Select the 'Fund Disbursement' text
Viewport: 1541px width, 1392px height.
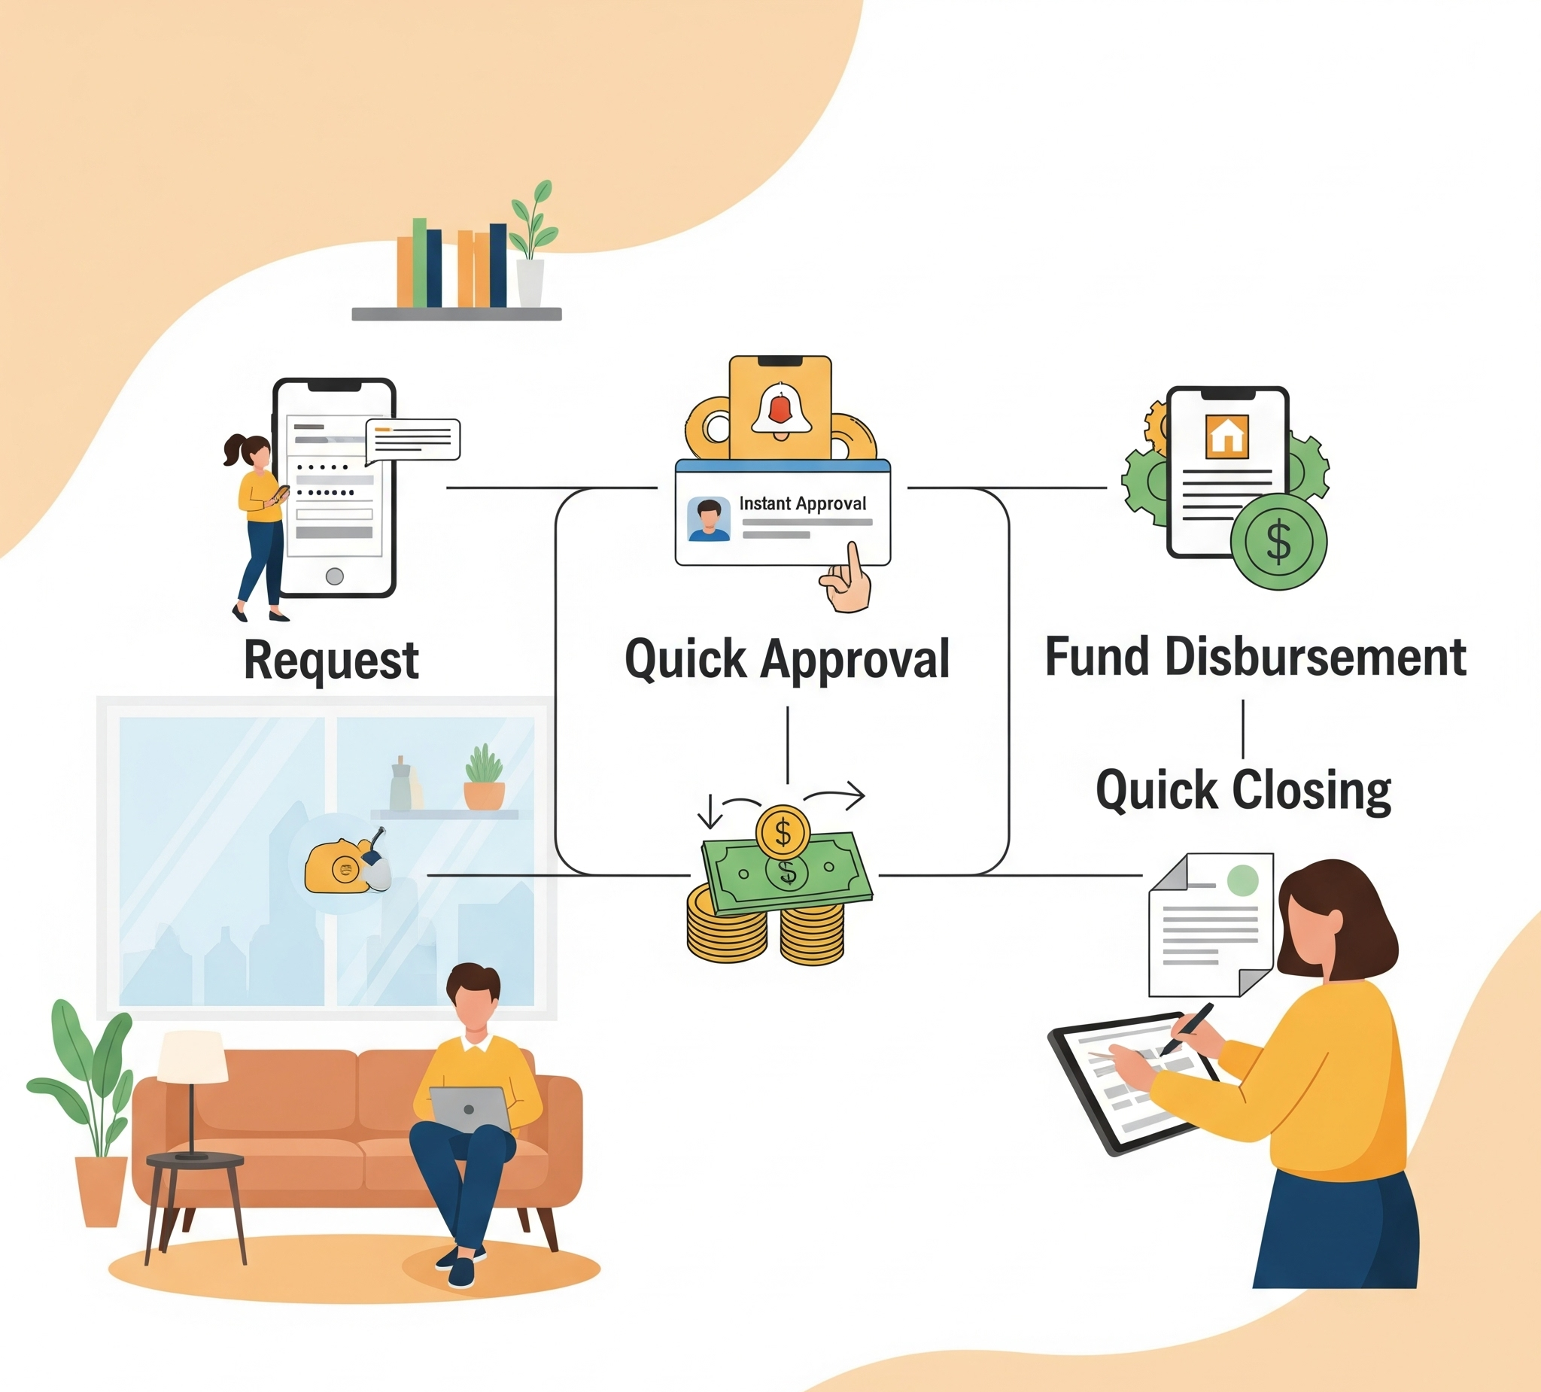click(x=1255, y=657)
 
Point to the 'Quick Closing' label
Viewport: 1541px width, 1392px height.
click(x=1243, y=790)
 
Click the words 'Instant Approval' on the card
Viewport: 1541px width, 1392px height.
click(x=803, y=503)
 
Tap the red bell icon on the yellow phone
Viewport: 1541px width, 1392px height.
click(x=779, y=410)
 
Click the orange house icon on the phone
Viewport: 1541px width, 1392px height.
click(x=1226, y=436)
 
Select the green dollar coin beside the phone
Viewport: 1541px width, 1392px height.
click(x=1278, y=541)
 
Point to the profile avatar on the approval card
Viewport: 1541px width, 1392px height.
click(x=709, y=520)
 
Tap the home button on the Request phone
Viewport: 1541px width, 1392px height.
click(x=334, y=576)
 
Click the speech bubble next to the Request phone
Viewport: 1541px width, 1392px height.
click(x=413, y=439)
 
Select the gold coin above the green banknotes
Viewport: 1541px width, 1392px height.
click(x=783, y=831)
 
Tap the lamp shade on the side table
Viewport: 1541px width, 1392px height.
click(x=193, y=1056)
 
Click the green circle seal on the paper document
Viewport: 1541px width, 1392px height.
click(x=1242, y=880)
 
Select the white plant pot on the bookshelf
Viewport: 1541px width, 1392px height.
click(x=530, y=283)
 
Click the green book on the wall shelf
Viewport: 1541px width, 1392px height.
click(x=420, y=262)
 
